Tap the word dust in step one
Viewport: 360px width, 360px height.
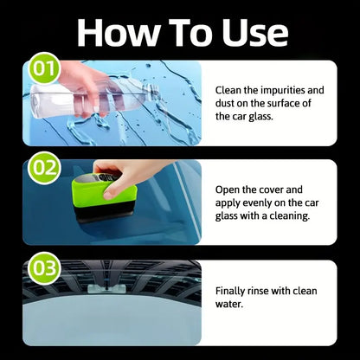click(228, 104)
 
